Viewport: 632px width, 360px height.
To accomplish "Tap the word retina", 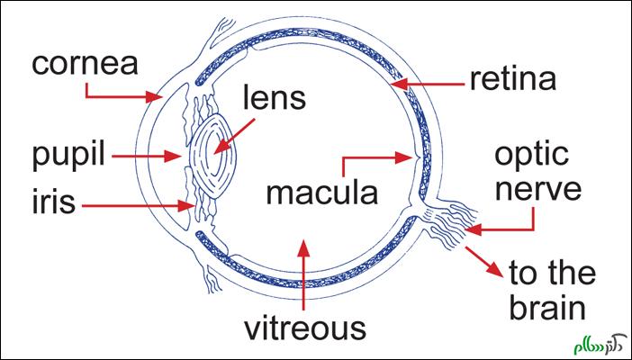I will (513, 81).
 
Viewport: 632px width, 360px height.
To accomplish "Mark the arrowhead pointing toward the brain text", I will (497, 274).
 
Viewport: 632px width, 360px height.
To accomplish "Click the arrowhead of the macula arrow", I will (408, 157).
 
